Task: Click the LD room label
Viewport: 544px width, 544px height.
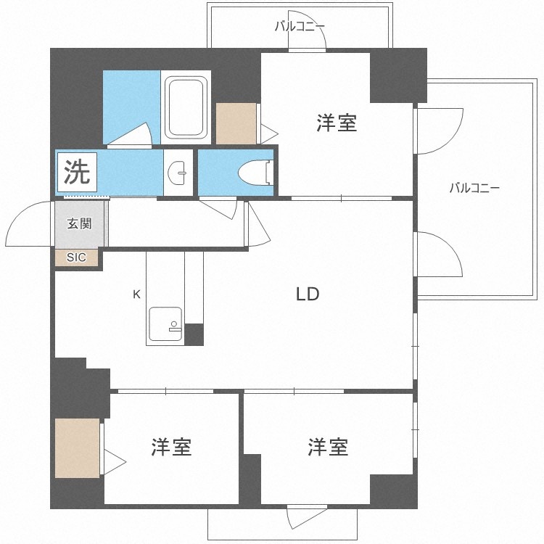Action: (308, 294)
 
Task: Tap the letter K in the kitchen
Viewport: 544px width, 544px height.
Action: (136, 294)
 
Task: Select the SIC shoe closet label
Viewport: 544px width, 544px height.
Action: (76, 257)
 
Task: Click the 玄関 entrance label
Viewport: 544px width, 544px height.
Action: (80, 223)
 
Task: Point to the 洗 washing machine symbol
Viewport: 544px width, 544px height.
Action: (77, 173)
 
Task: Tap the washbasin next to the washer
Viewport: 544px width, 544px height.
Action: (177, 172)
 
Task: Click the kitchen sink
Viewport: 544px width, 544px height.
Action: (165, 324)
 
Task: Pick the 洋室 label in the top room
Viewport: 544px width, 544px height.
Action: (337, 123)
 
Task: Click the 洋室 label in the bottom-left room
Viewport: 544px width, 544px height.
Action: (171, 447)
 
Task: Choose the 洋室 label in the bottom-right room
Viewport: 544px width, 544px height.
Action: (328, 447)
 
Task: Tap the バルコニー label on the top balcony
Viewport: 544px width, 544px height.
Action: (300, 26)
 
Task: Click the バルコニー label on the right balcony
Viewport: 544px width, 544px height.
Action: (474, 188)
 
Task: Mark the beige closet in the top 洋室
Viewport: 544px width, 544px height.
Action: (236, 123)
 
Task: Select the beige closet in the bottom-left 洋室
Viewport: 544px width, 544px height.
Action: (78, 448)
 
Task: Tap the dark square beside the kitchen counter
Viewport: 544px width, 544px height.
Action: (194, 334)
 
